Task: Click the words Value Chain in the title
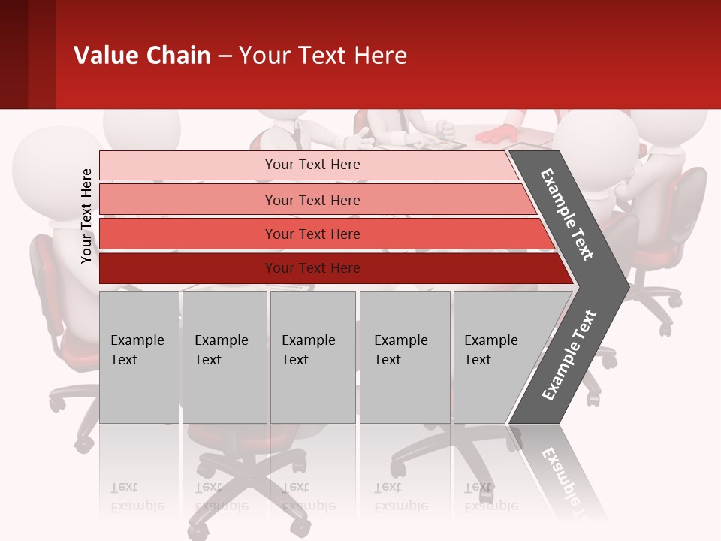pyautogui.click(x=142, y=56)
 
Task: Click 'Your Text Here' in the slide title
pyautogui.click(x=323, y=56)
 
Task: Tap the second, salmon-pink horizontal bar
pyautogui.click(x=312, y=200)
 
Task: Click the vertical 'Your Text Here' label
pyautogui.click(x=86, y=216)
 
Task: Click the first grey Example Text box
pyautogui.click(x=139, y=357)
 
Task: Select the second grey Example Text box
pyautogui.click(x=224, y=357)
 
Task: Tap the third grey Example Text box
pyautogui.click(x=312, y=357)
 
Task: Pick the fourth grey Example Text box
pyautogui.click(x=404, y=357)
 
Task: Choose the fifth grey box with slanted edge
pyautogui.click(x=496, y=357)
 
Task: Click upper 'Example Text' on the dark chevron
pyautogui.click(x=567, y=215)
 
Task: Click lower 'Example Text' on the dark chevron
pyautogui.click(x=569, y=355)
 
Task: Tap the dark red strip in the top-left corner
pyautogui.click(x=27, y=54)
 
